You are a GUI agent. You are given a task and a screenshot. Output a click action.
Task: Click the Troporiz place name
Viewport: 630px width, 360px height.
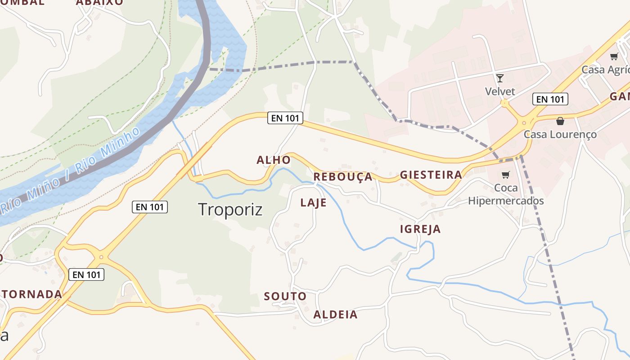[x=230, y=210]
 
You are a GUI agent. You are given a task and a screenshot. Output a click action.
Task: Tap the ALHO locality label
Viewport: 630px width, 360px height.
[x=274, y=160]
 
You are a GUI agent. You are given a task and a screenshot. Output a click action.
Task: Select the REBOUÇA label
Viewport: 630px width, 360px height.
[x=343, y=177]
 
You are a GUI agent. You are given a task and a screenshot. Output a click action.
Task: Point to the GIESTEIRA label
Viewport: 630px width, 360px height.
[x=431, y=175]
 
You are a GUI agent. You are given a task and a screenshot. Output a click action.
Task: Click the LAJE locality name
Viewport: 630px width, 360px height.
[x=313, y=203]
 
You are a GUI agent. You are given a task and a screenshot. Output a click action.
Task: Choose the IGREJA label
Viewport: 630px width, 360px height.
[x=420, y=229]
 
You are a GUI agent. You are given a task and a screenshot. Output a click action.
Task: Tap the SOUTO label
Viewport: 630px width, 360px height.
[x=285, y=297]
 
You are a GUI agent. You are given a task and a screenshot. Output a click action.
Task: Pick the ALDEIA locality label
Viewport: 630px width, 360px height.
[x=335, y=315]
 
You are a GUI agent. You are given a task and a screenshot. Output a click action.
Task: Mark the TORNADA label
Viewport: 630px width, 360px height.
[x=31, y=294]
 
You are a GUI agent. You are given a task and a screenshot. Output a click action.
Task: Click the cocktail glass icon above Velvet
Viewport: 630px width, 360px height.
[x=499, y=78]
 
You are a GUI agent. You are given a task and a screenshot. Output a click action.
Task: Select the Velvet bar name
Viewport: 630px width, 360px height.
[x=500, y=92]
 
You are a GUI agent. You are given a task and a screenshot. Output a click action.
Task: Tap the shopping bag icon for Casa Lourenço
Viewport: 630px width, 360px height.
[x=560, y=121]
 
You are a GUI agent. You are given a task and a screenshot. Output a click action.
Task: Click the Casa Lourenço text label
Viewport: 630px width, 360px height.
[x=560, y=135]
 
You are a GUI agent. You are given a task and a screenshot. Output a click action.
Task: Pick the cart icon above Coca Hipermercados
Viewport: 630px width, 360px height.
[x=506, y=175]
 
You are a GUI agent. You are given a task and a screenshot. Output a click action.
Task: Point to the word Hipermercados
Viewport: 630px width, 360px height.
[x=506, y=201]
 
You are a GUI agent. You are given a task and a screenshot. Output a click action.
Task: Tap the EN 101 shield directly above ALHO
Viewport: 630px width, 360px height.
[x=285, y=118]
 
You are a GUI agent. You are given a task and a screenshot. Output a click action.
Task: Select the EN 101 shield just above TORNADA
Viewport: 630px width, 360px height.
[x=86, y=274]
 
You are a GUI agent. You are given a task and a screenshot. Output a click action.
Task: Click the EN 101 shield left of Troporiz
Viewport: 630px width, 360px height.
[x=150, y=207]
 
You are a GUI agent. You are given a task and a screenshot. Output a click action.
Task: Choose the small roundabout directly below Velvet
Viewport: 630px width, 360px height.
[x=504, y=103]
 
